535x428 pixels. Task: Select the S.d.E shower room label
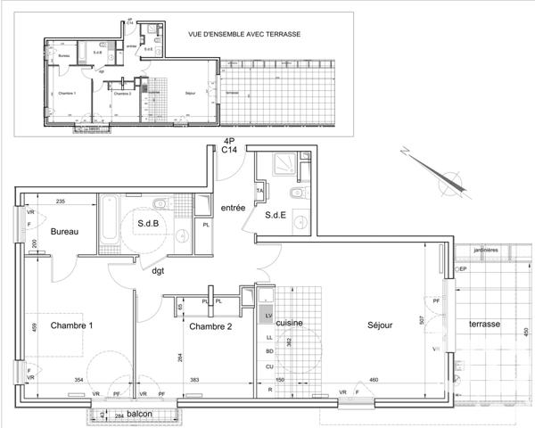coord(276,214)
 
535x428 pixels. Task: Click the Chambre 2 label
coord(210,327)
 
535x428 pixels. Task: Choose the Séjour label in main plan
coord(380,326)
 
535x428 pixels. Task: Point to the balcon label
coord(139,415)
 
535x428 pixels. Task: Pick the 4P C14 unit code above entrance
coord(229,146)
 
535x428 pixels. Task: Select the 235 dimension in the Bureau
coord(62,202)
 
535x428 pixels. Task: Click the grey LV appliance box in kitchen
coord(267,315)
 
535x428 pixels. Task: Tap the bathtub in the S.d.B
coord(108,221)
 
